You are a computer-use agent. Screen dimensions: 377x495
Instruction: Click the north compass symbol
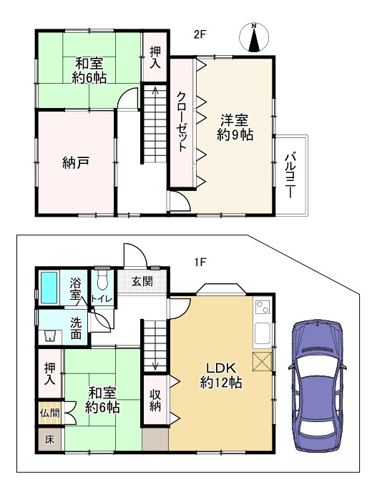pyautogui.click(x=254, y=37)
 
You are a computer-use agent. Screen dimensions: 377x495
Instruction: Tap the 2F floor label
pyautogui.click(x=200, y=34)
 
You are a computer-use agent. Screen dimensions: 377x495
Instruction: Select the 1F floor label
pyautogui.click(x=200, y=262)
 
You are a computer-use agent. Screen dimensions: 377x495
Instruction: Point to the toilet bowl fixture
pyautogui.click(x=102, y=280)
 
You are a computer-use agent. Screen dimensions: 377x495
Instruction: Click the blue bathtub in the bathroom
pyautogui.click(x=49, y=288)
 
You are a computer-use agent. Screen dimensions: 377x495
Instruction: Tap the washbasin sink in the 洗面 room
pyautogui.click(x=50, y=336)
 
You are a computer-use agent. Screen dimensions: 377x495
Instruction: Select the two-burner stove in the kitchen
pyautogui.click(x=263, y=307)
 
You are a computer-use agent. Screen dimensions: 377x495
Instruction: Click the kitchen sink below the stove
pyautogui.click(x=263, y=334)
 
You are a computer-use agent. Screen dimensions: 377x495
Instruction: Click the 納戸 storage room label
pyautogui.click(x=76, y=162)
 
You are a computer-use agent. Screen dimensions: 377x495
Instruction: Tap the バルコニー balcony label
pyautogui.click(x=290, y=175)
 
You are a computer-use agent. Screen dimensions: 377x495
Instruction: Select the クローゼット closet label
pyautogui.click(x=181, y=122)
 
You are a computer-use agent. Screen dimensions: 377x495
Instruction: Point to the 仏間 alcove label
pyautogui.click(x=50, y=413)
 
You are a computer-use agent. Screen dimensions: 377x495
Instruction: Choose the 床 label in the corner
pyautogui.click(x=49, y=439)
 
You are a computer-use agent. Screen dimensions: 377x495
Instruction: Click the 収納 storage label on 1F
pyautogui.click(x=155, y=401)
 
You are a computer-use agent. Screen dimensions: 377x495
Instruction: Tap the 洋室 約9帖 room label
pyautogui.click(x=235, y=127)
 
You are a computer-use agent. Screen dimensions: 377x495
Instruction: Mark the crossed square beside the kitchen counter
pyautogui.click(x=262, y=361)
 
